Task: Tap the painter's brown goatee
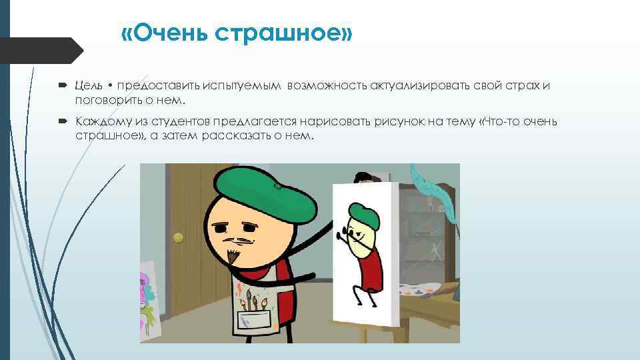(233, 255)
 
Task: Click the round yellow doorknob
(177, 237)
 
